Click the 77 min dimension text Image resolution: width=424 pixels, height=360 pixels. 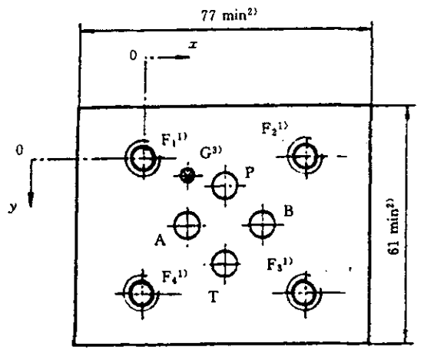click(228, 16)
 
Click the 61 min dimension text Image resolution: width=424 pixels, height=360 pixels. click(393, 226)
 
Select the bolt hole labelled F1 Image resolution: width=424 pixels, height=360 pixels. click(143, 158)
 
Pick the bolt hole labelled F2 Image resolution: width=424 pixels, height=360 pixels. click(306, 156)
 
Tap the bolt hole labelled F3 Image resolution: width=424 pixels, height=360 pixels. click(305, 292)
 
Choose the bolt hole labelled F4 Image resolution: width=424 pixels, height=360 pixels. click(141, 293)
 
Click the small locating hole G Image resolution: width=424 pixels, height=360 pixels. click(187, 176)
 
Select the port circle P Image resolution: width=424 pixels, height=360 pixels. click(225, 186)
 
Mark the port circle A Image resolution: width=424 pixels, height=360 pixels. click(187, 225)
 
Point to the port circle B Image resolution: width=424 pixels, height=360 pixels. click(262, 225)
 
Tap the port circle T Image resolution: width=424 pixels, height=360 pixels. click(224, 263)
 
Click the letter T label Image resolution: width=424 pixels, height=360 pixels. click(214, 297)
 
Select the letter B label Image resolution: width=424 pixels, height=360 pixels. click(289, 211)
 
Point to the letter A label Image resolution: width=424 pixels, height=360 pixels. click(160, 239)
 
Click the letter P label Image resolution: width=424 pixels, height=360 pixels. click(250, 173)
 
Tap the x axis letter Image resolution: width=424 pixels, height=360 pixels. click(193, 45)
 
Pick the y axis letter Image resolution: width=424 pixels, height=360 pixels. click(12, 207)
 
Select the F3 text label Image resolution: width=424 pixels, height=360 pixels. click(280, 264)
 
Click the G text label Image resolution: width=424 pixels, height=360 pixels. click(210, 153)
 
